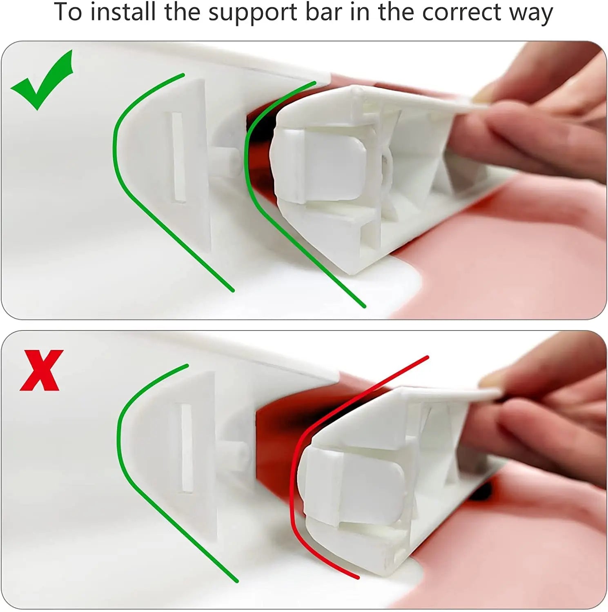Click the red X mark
tap(41, 370)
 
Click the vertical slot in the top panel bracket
tap(178, 157)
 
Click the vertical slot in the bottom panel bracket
tap(187, 448)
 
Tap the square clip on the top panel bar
tap(318, 167)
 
